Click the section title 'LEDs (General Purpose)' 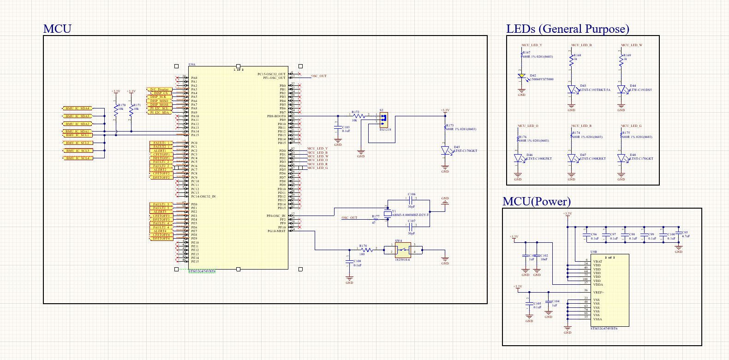(x=568, y=29)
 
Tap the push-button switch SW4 (x=403, y=250)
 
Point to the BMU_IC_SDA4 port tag (x=77, y=108)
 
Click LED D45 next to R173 (x=445, y=150)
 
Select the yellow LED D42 (x=521, y=76)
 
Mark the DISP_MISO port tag (x=159, y=101)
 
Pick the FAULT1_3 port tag (x=161, y=204)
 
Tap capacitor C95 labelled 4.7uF (x=678, y=233)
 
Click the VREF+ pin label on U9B (x=598, y=293)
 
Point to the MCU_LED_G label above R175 (x=631, y=126)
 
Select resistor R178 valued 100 (x=366, y=250)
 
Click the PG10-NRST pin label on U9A (x=276, y=231)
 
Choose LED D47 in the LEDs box (x=572, y=158)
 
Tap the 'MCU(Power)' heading (x=537, y=202)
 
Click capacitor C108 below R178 (x=349, y=262)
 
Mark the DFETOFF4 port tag (x=161, y=239)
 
